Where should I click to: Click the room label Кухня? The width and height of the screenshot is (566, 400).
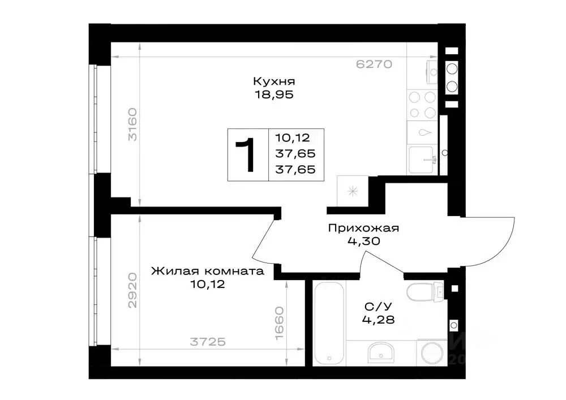click(274, 81)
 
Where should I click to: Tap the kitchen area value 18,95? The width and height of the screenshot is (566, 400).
click(274, 94)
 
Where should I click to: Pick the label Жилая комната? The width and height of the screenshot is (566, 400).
click(208, 271)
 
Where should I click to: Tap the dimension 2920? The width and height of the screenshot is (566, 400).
click(132, 290)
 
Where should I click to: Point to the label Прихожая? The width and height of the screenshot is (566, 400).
click(364, 229)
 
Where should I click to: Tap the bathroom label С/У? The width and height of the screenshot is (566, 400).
click(378, 307)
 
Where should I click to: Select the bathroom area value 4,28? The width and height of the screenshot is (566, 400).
click(378, 320)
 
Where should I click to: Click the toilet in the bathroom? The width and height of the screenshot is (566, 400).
click(422, 293)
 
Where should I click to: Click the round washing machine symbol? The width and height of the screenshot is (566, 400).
click(431, 353)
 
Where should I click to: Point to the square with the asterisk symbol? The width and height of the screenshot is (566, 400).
click(352, 191)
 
